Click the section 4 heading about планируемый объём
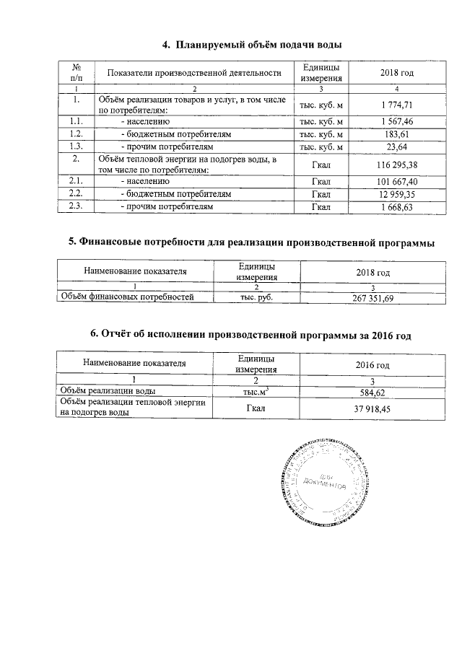(251, 45)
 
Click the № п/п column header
(75, 72)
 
